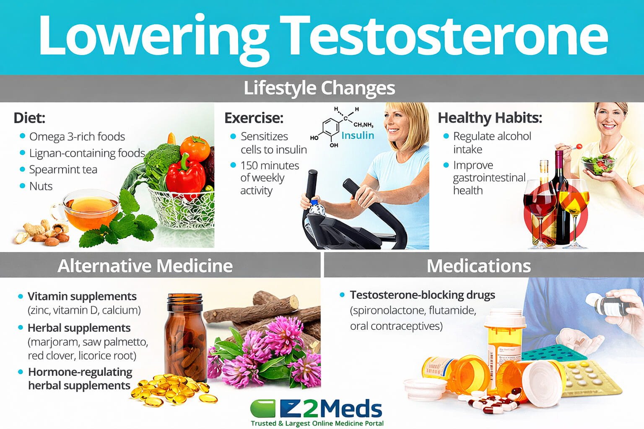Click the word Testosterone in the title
click(x=445, y=35)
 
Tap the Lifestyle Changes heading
click(x=319, y=88)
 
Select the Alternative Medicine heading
click(x=145, y=266)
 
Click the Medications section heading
click(x=478, y=266)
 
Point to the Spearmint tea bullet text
click(x=63, y=170)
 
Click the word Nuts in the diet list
click(x=41, y=186)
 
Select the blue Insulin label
click(x=357, y=135)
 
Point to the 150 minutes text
click(x=270, y=165)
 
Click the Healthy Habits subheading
click(x=489, y=118)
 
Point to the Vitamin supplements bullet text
click(x=82, y=296)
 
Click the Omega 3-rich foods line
click(x=77, y=137)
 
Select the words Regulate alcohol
click(x=492, y=136)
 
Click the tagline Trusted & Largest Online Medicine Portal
click(x=317, y=423)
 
